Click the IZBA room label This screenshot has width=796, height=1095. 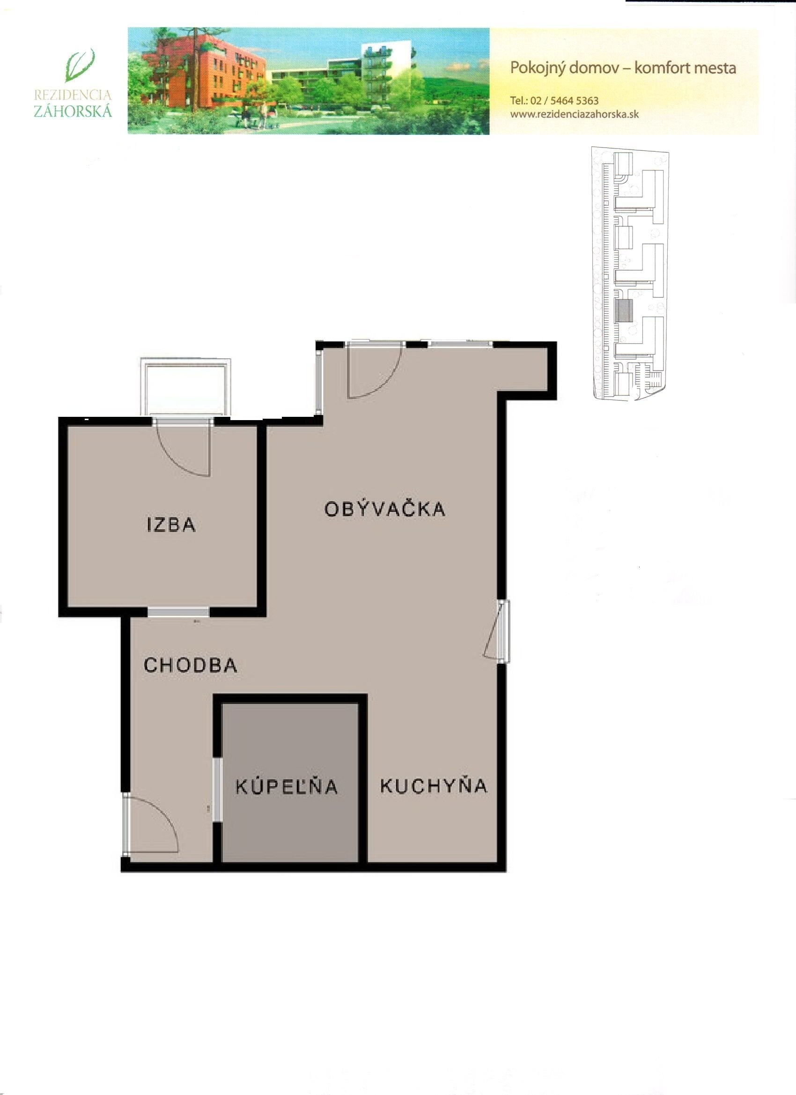(171, 525)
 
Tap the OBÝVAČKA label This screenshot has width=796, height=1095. (385, 509)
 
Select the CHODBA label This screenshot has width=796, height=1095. (191, 666)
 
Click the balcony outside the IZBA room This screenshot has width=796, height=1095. (185, 387)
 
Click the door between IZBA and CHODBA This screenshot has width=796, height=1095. (178, 612)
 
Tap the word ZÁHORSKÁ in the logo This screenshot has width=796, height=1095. (73, 111)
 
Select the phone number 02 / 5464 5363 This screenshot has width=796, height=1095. (564, 101)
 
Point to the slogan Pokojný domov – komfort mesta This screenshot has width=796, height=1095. (623, 68)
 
